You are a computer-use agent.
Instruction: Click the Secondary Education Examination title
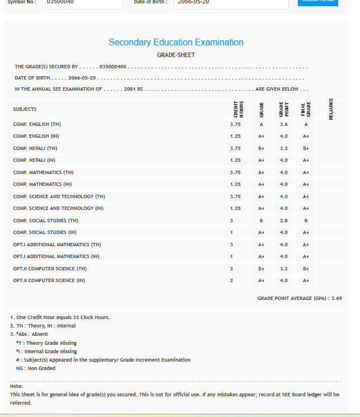coord(176,43)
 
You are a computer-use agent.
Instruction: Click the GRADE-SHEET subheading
coord(176,55)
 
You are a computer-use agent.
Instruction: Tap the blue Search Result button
coord(317,2)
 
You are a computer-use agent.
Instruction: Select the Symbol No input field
coord(83,3)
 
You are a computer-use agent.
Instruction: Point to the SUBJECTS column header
coord(25,109)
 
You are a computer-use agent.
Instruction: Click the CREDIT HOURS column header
coord(239,109)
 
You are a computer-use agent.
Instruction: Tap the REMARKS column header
coord(331,109)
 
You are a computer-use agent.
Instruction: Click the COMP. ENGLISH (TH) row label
coord(37,124)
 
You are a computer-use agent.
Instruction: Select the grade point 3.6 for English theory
coord(284,124)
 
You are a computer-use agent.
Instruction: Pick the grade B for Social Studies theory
coord(261,221)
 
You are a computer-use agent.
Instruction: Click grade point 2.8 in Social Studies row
coord(284,221)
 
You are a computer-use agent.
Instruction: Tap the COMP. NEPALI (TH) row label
coord(35,148)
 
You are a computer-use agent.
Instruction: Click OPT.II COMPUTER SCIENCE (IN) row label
coord(49,280)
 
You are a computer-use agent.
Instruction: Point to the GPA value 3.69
coord(336,298)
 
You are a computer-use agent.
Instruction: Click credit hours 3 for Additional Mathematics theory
coord(231,245)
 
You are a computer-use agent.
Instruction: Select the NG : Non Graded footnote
coord(36,368)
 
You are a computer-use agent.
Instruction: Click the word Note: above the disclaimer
coord(17,386)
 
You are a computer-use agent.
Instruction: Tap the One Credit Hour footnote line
coord(60,317)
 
